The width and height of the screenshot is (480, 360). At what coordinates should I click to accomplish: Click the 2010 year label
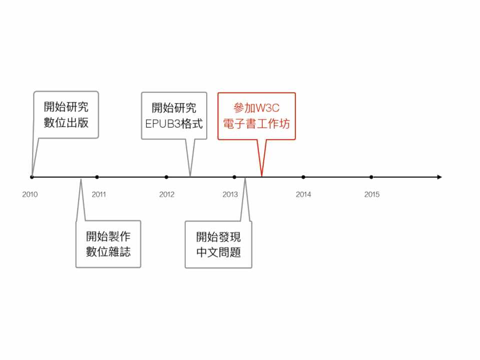coord(30,194)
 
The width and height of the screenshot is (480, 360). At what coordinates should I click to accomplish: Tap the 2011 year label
coord(99,194)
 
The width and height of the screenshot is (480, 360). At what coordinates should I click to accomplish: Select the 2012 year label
coord(167,194)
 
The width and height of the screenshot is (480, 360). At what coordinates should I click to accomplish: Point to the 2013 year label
coord(230,194)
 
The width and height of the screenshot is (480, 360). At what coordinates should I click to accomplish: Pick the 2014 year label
coord(303,194)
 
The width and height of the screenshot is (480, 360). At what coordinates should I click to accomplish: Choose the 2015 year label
coord(372,194)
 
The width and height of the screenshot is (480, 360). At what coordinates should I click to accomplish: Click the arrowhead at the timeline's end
coord(439,177)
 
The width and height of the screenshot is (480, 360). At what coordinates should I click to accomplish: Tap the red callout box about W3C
coord(256,116)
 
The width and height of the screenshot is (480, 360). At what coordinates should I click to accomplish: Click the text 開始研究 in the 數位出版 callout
coord(66,107)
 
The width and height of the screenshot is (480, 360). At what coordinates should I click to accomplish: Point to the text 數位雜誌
coord(108,252)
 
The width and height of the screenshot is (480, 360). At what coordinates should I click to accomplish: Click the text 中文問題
coord(218,252)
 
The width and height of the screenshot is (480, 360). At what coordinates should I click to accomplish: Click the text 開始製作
coord(108,236)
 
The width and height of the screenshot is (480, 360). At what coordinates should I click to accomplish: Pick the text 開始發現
coord(218,236)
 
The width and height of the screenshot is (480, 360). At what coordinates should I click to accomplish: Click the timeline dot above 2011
coord(97,177)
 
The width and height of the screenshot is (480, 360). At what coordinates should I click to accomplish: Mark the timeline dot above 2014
coord(303,177)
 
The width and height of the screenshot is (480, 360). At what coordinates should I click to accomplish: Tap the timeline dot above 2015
coord(371,177)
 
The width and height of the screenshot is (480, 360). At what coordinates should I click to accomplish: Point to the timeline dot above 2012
coord(166,177)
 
